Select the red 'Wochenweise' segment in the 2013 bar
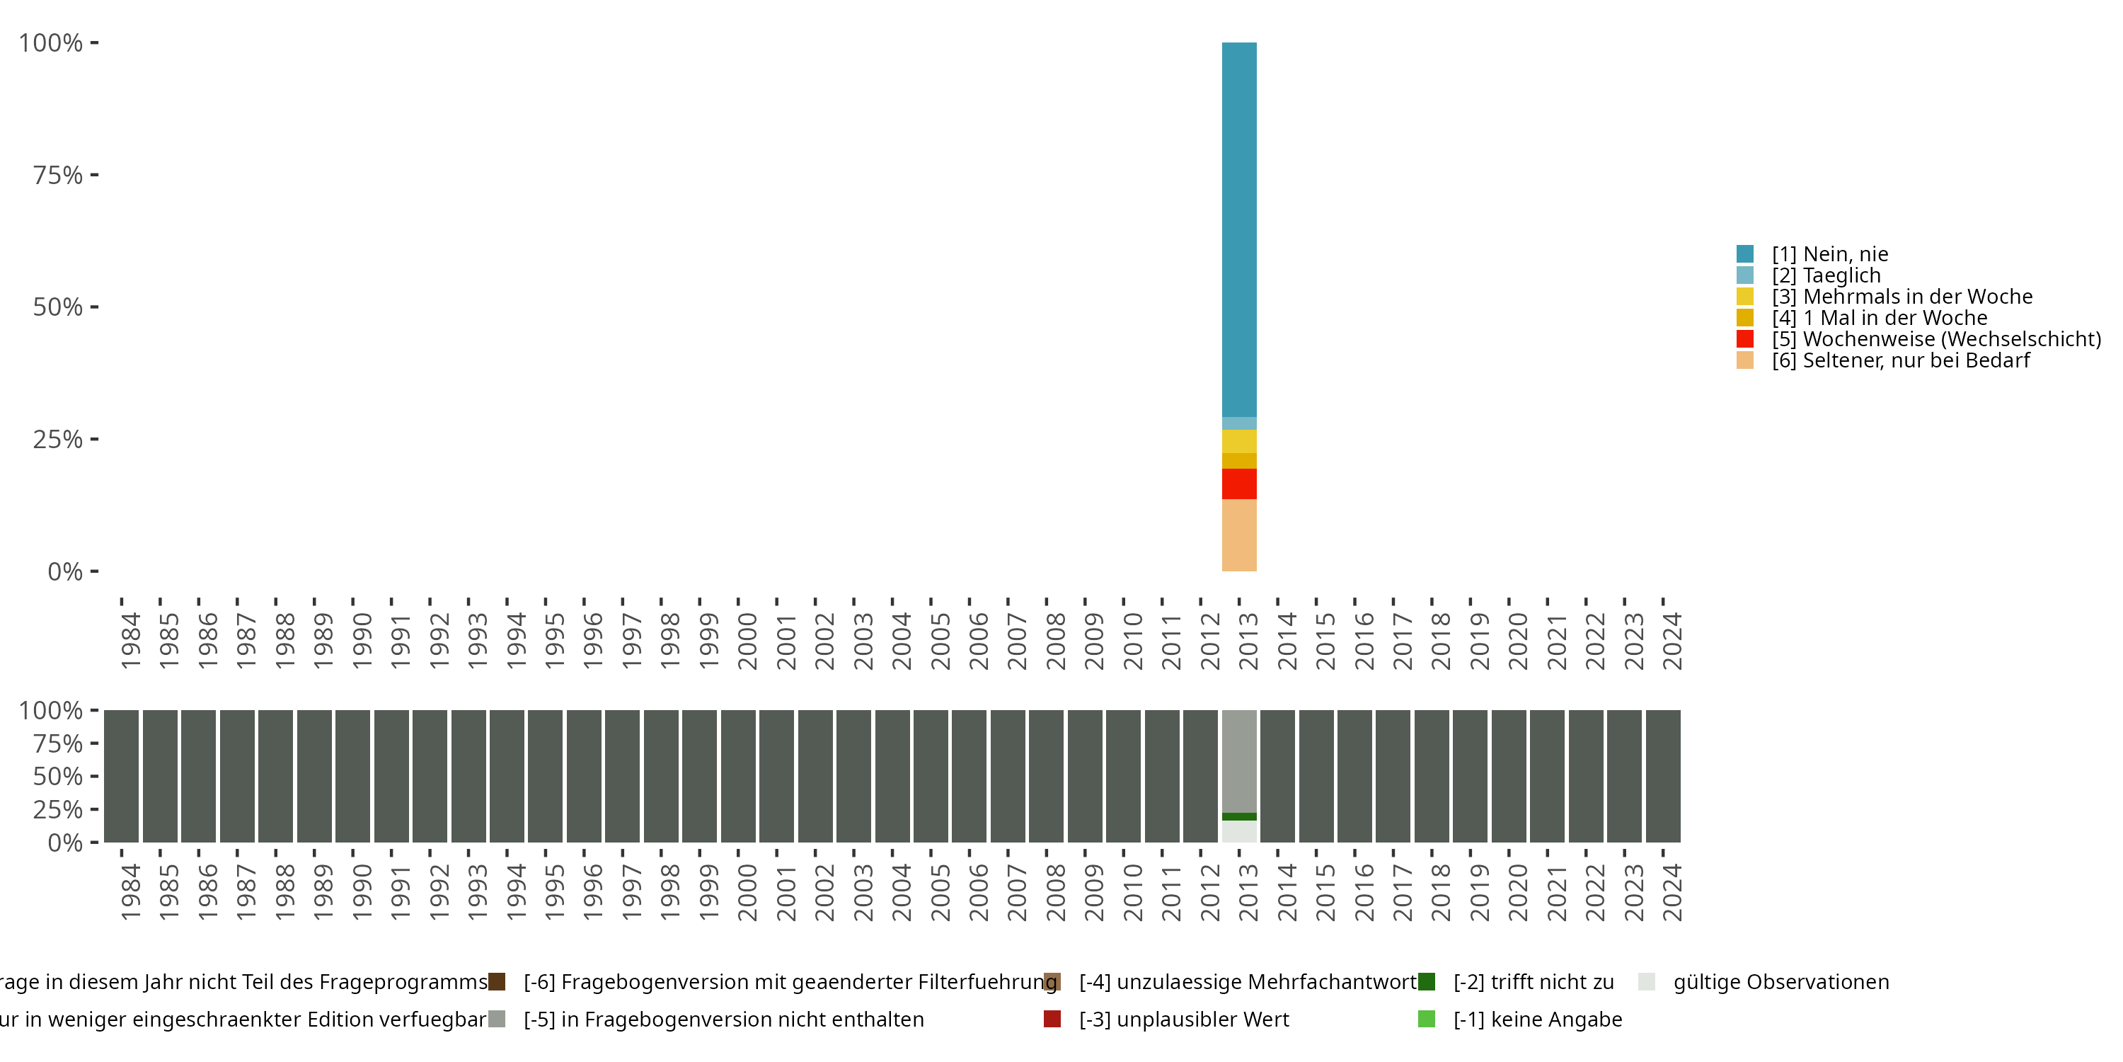click(1238, 484)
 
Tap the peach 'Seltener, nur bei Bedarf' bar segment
click(1238, 535)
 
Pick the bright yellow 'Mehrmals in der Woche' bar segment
click(1238, 441)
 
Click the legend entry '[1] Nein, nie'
click(1829, 254)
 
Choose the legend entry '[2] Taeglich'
click(1826, 275)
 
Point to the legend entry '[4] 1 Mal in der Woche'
click(1878, 317)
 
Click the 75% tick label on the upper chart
click(58, 175)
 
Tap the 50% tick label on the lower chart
click(58, 776)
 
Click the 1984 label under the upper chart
click(130, 641)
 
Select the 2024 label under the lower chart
click(1672, 892)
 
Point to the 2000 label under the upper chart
click(747, 641)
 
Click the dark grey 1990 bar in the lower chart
click(352, 776)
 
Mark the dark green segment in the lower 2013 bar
click(1238, 816)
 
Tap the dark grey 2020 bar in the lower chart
click(1509, 776)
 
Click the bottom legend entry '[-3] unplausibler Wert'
click(1183, 1019)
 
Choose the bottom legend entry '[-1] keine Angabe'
click(1537, 1019)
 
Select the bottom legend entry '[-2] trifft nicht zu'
click(1533, 982)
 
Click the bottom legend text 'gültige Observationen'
click(1780, 982)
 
